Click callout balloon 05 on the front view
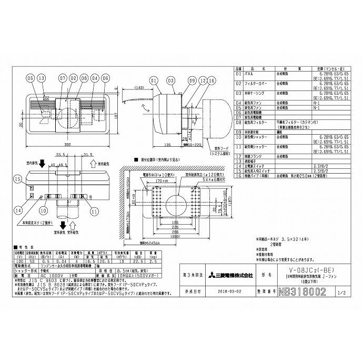30,80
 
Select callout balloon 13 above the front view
43,80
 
